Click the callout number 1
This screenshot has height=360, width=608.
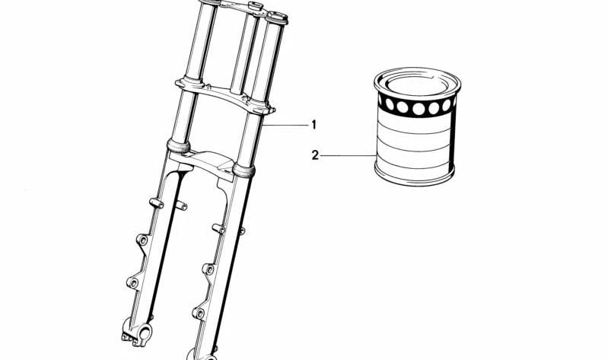[x=314, y=125]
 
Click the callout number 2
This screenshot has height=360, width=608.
[x=315, y=155]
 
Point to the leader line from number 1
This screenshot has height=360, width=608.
[x=285, y=125]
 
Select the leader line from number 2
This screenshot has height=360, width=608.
[x=348, y=156]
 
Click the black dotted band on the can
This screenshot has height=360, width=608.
[x=417, y=106]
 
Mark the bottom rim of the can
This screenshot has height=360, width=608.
[x=414, y=177]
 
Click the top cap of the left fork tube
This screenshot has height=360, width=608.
[x=210, y=2]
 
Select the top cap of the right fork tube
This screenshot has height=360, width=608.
[x=276, y=18]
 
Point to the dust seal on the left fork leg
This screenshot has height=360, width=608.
[x=178, y=146]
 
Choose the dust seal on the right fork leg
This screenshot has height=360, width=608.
[x=244, y=170]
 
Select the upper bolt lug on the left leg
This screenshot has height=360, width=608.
[x=143, y=240]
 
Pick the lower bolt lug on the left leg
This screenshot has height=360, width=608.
[x=133, y=283]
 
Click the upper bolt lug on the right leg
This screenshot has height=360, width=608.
[x=209, y=269]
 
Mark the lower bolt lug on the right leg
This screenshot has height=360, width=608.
[x=199, y=313]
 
